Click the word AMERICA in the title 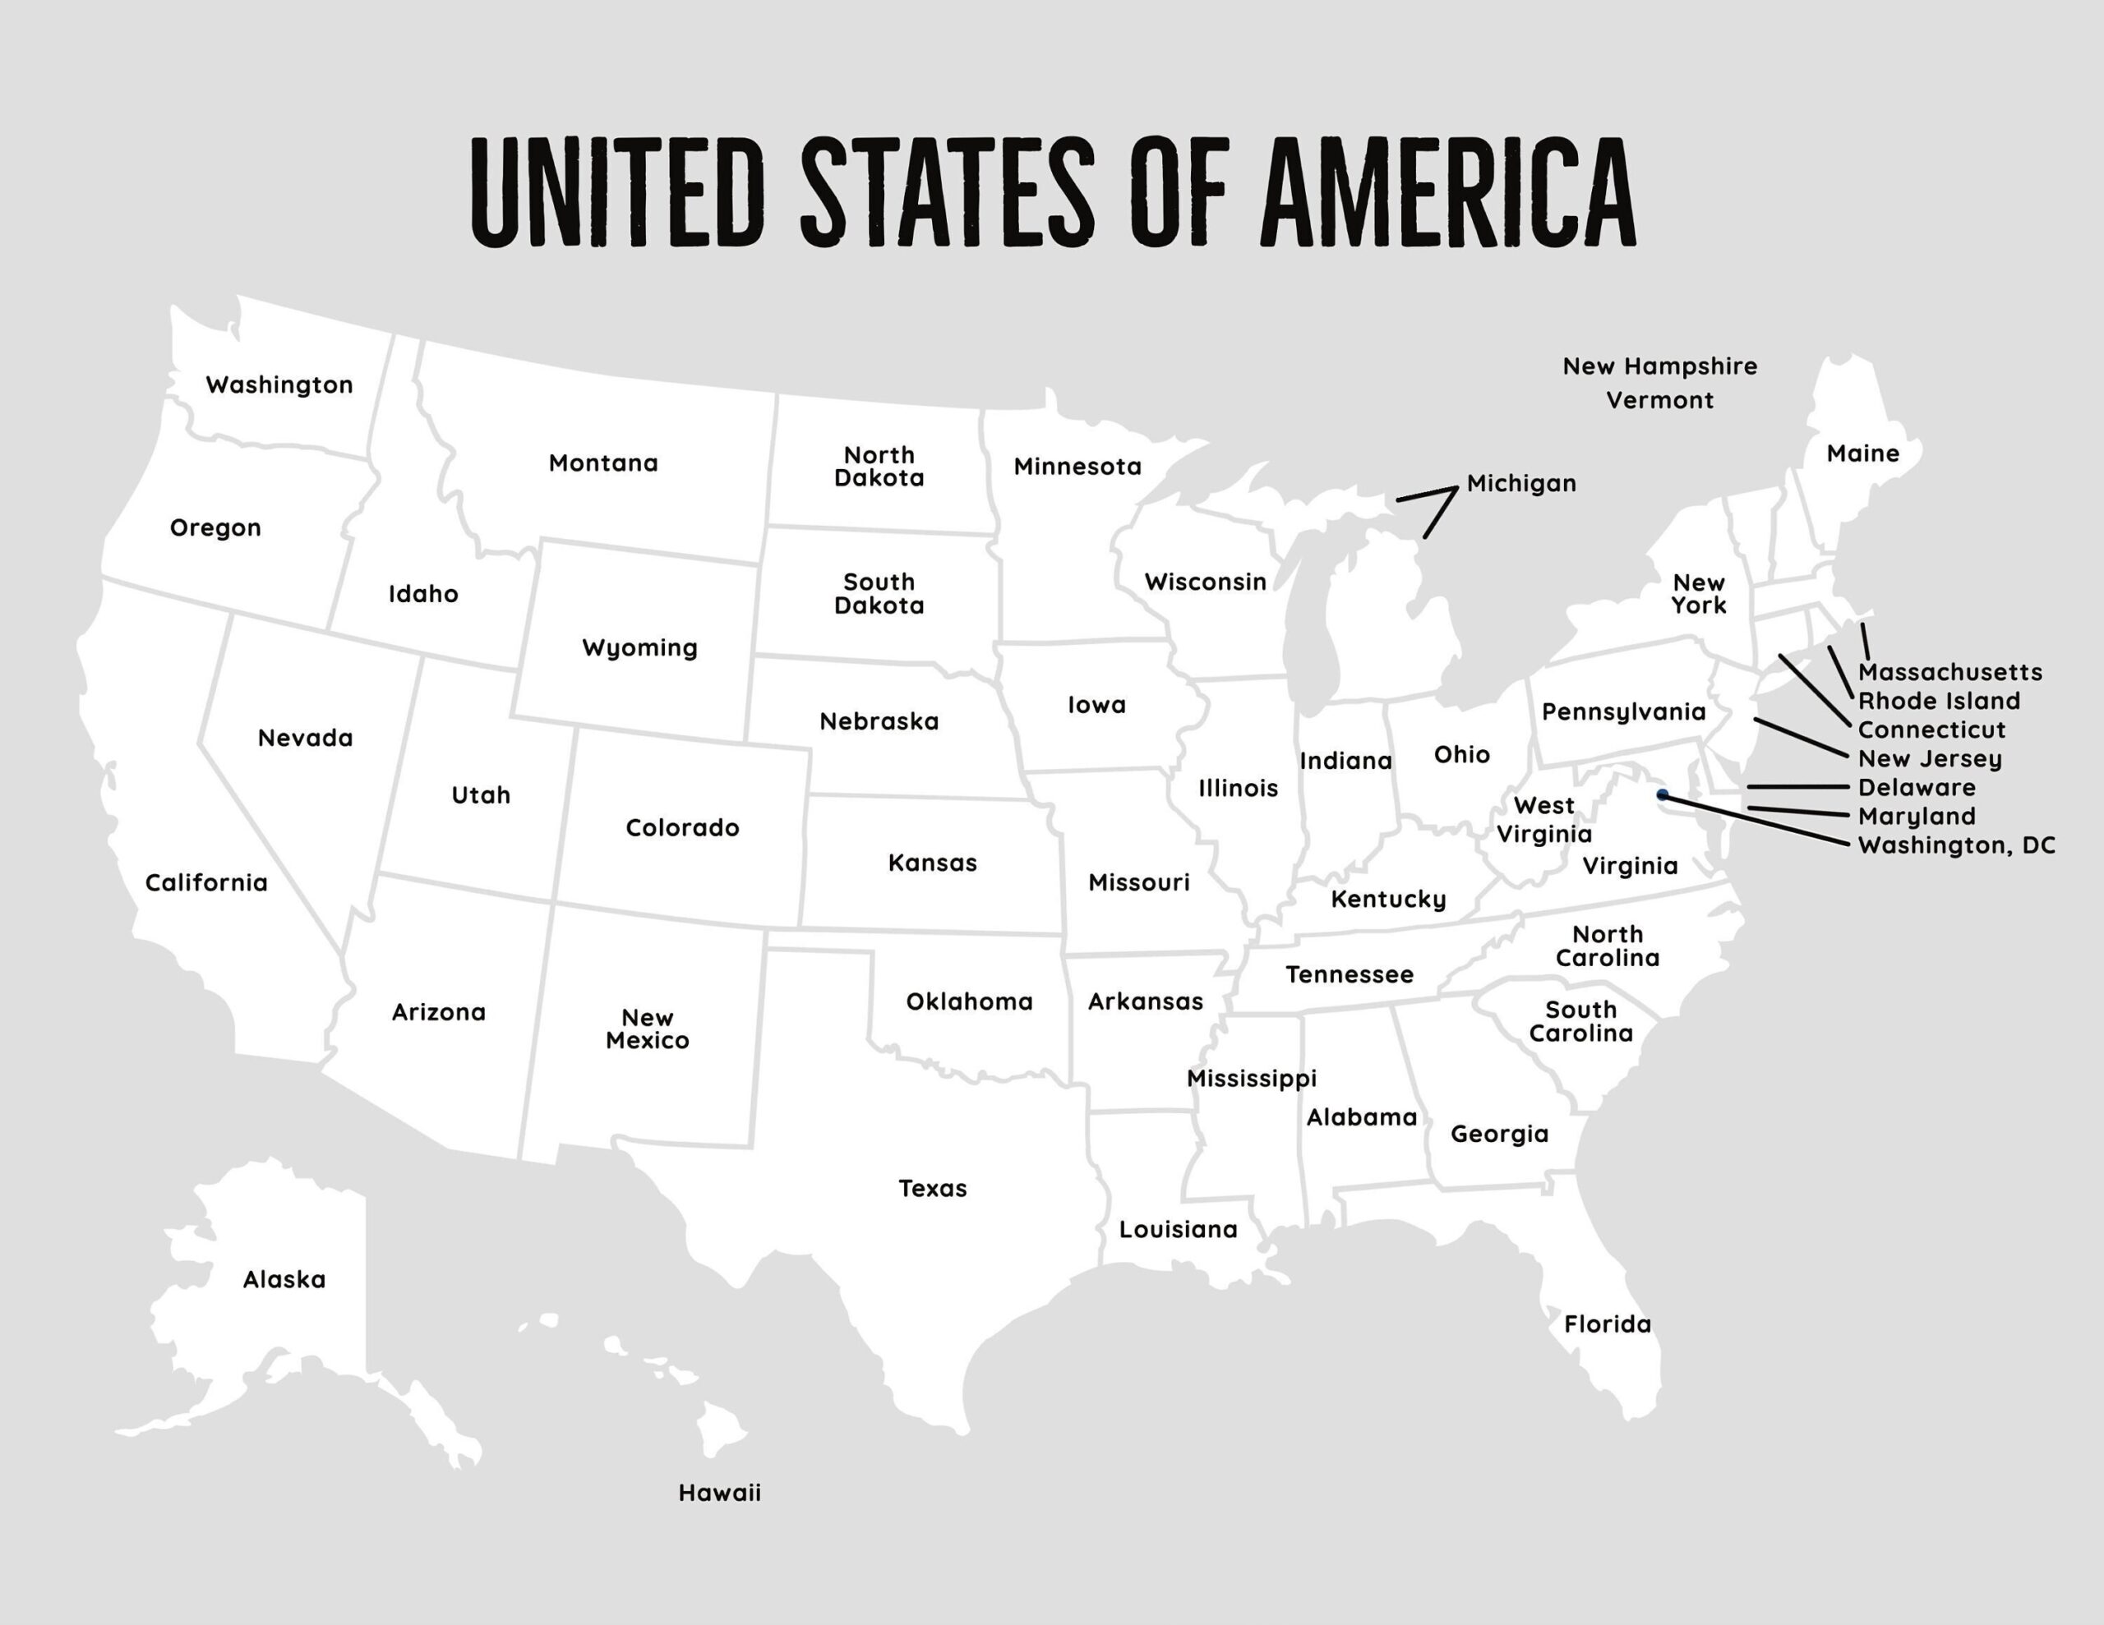click(x=1448, y=192)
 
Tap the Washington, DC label click(x=1955, y=845)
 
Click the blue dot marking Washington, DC click(x=1663, y=794)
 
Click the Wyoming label click(x=639, y=647)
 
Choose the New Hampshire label click(x=1659, y=366)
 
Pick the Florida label click(x=1607, y=1324)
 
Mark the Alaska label click(x=284, y=1279)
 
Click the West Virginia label click(x=1543, y=820)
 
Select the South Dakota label click(x=879, y=593)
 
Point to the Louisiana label click(x=1177, y=1229)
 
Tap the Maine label click(x=1862, y=453)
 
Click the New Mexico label click(x=648, y=1029)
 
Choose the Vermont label click(x=1659, y=400)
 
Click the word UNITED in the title click(x=617, y=192)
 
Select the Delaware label click(x=1916, y=788)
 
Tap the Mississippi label click(x=1250, y=1078)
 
